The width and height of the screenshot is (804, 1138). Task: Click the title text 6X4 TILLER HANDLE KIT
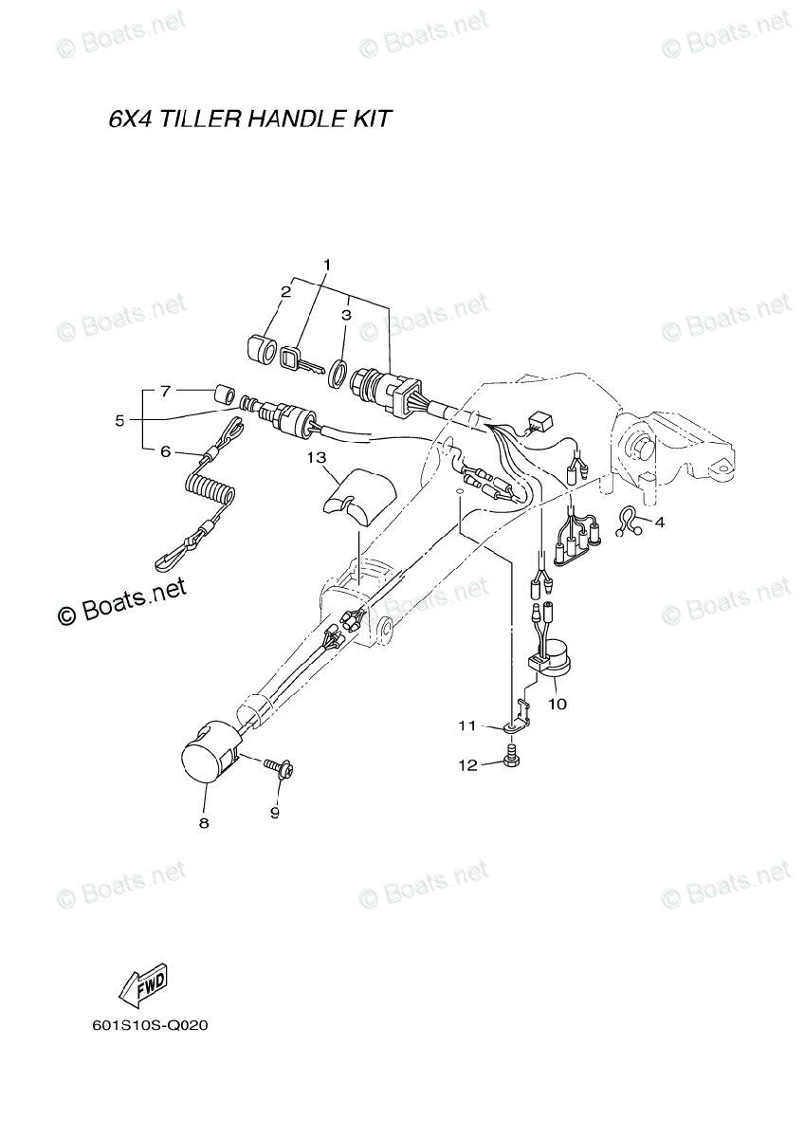click(249, 120)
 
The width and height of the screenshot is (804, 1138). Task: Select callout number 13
click(316, 457)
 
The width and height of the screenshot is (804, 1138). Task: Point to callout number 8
click(203, 823)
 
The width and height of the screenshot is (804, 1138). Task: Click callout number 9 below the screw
click(276, 812)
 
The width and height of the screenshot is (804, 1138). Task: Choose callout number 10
click(557, 704)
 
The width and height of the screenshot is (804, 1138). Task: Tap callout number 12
click(468, 765)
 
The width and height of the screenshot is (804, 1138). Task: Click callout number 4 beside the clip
click(659, 522)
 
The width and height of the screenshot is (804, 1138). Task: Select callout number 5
click(119, 419)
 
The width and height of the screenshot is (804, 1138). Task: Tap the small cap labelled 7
click(225, 393)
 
